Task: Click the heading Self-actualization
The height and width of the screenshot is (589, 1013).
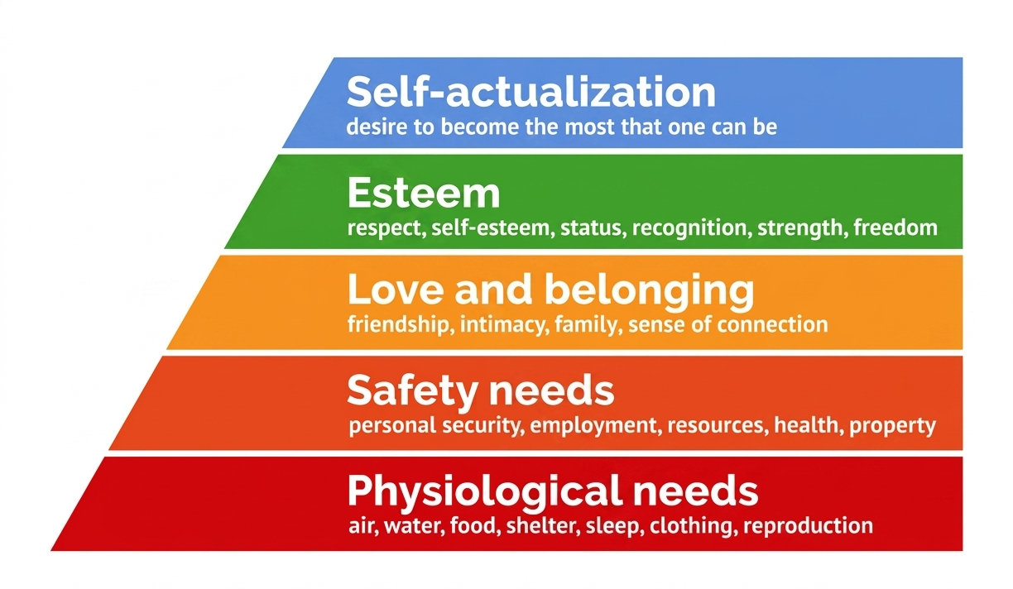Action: point(531,92)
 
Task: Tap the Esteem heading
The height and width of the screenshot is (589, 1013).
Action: point(424,193)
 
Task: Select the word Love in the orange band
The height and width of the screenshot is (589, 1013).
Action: point(396,290)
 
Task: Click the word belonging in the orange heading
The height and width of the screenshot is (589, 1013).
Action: point(649,293)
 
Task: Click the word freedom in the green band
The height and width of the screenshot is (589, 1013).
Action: point(895,227)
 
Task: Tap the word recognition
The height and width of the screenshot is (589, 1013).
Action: point(689,228)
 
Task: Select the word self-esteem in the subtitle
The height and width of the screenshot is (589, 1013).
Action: point(490,228)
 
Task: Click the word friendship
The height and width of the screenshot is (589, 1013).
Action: point(398,325)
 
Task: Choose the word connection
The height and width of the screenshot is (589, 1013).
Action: point(772,325)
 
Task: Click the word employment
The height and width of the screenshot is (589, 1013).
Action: point(593,426)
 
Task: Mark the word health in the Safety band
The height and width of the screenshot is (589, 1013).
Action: point(806,425)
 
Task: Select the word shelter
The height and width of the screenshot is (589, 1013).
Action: point(541,526)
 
